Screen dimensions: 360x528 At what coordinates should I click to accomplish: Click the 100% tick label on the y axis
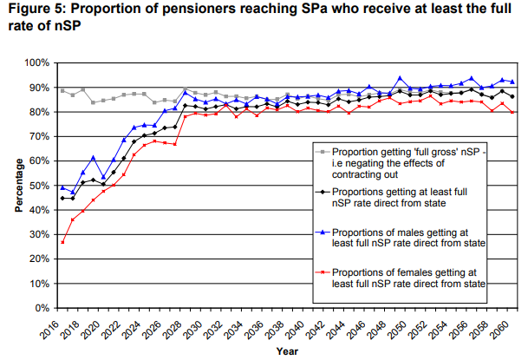pos(36,63)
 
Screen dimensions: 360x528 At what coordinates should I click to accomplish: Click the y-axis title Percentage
pos(18,186)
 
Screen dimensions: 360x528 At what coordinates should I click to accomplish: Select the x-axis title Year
pos(286,352)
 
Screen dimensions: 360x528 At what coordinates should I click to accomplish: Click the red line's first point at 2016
pos(62,242)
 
